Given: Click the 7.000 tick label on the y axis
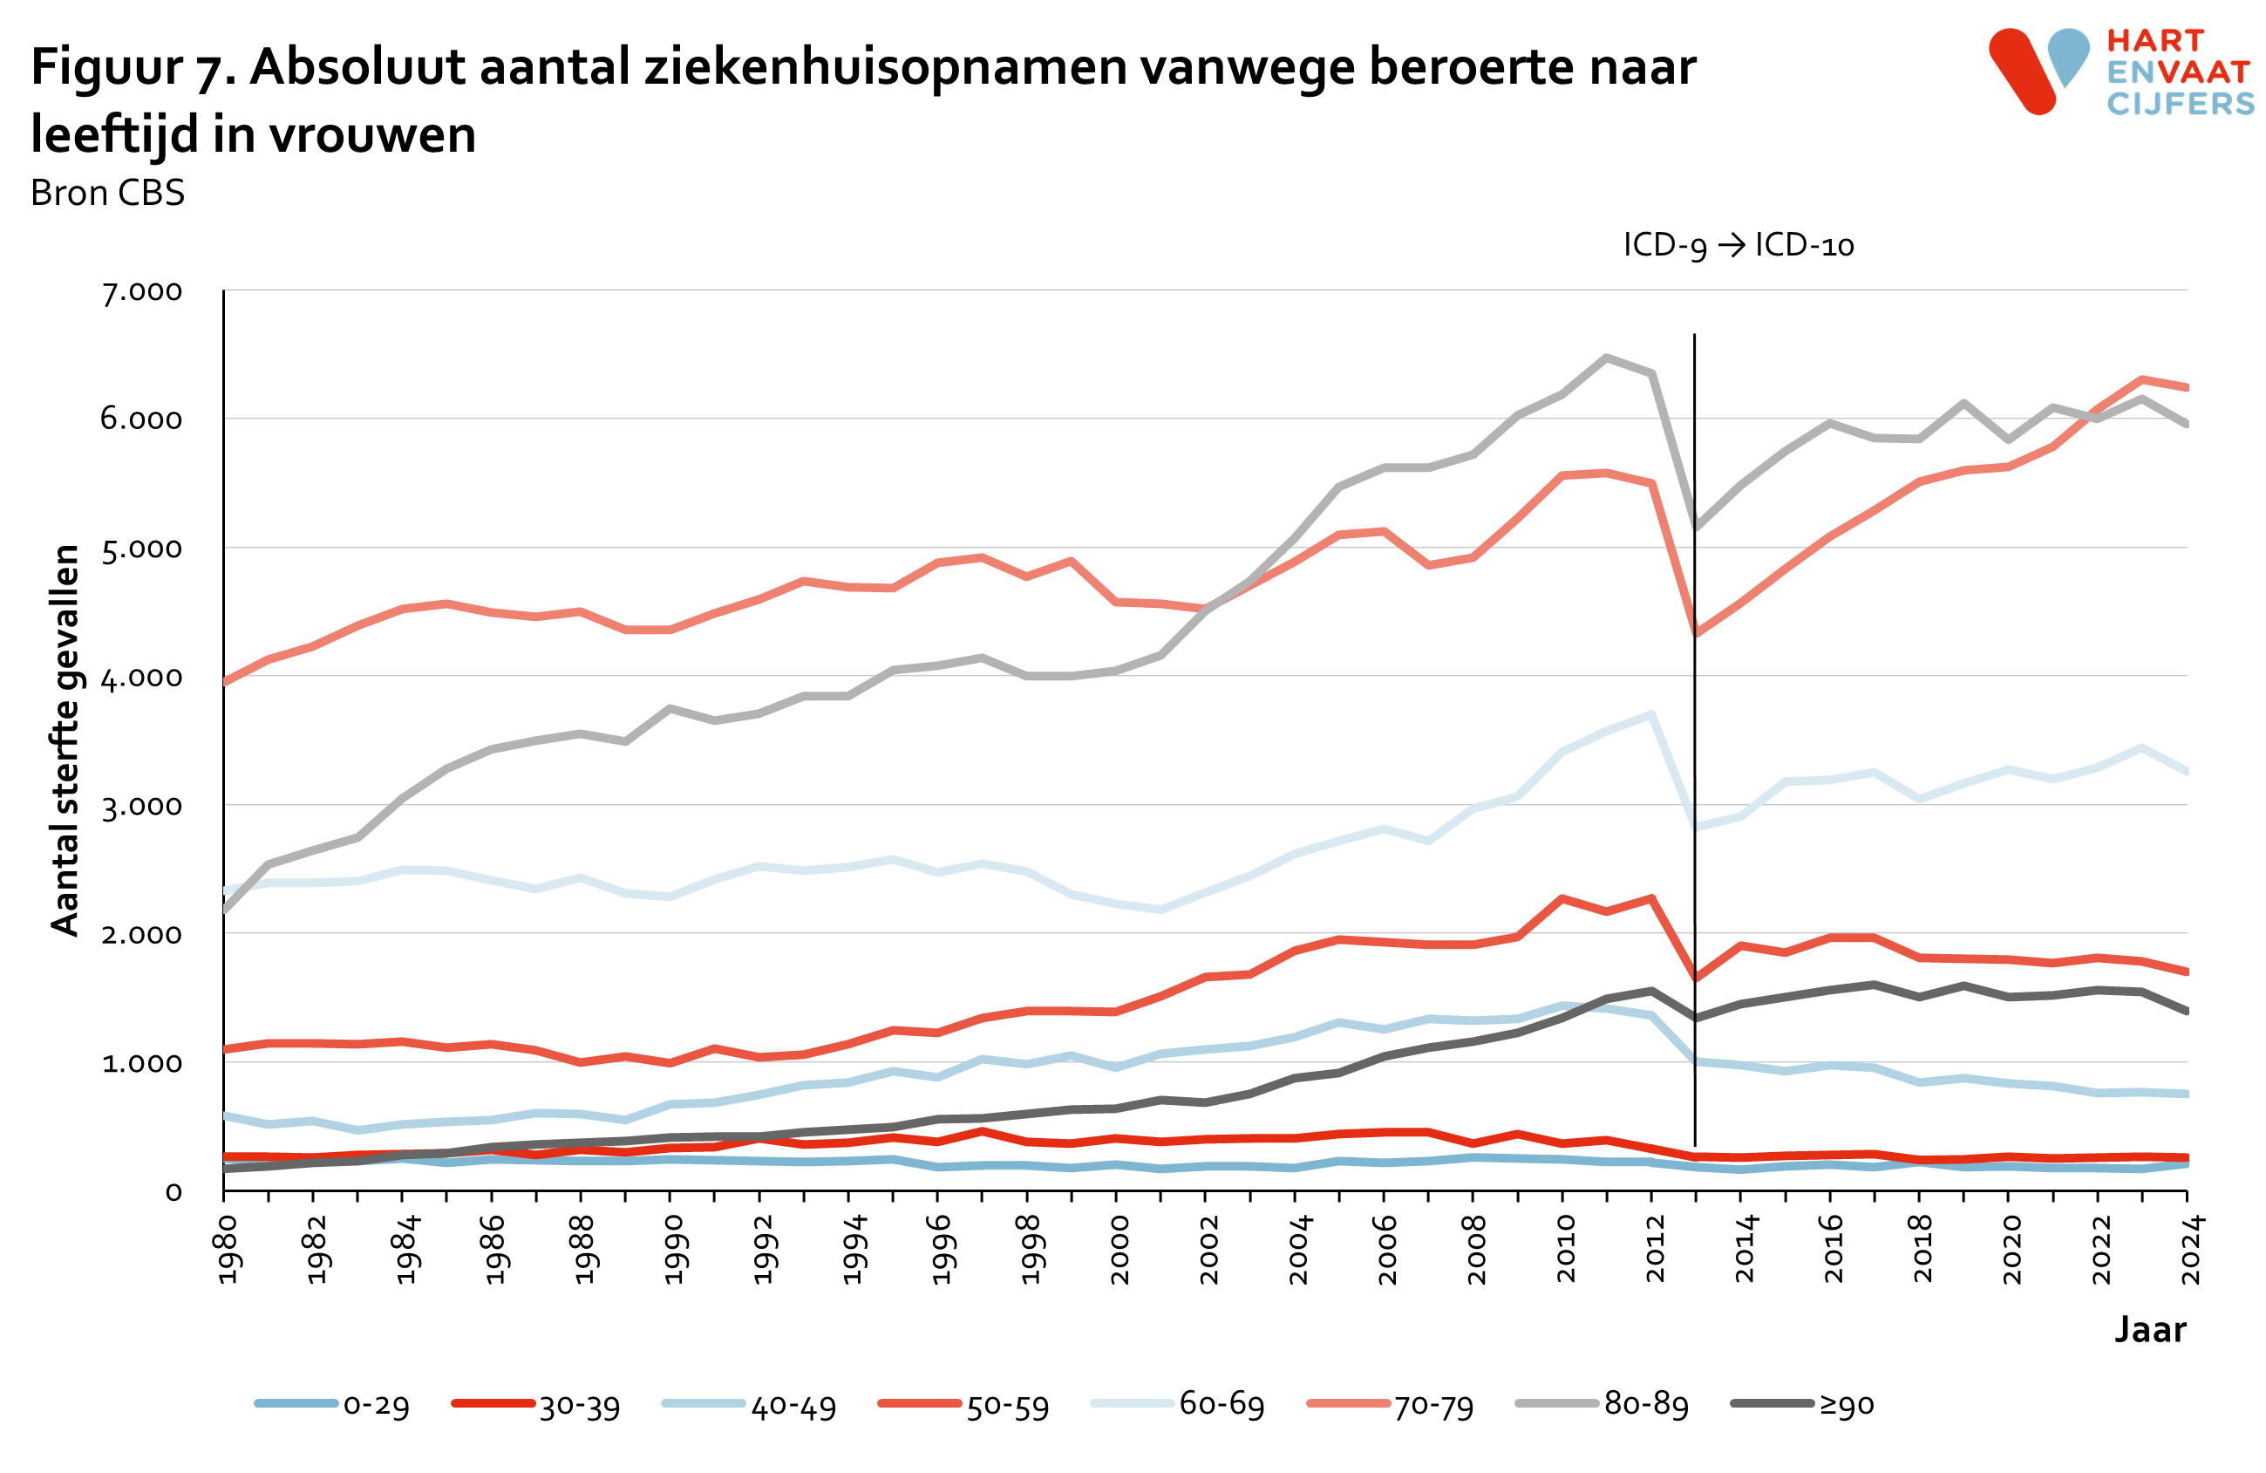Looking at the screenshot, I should click(x=142, y=291).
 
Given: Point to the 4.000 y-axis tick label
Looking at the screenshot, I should click(x=142, y=678).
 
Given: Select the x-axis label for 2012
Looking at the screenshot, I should click(x=1655, y=1249).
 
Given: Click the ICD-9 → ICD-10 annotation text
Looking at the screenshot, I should click(x=1739, y=246).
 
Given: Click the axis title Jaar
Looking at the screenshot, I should click(x=2150, y=1329).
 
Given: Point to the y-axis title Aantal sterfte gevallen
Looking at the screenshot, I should click(x=65, y=740).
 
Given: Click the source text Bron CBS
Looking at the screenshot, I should click(x=107, y=194).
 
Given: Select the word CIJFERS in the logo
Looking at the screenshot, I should click(x=2181, y=103).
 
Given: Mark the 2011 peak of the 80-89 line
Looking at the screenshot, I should click(x=1606, y=358).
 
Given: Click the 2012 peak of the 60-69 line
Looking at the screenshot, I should click(x=1651, y=714).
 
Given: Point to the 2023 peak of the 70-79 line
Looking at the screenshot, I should click(x=2141, y=380).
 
